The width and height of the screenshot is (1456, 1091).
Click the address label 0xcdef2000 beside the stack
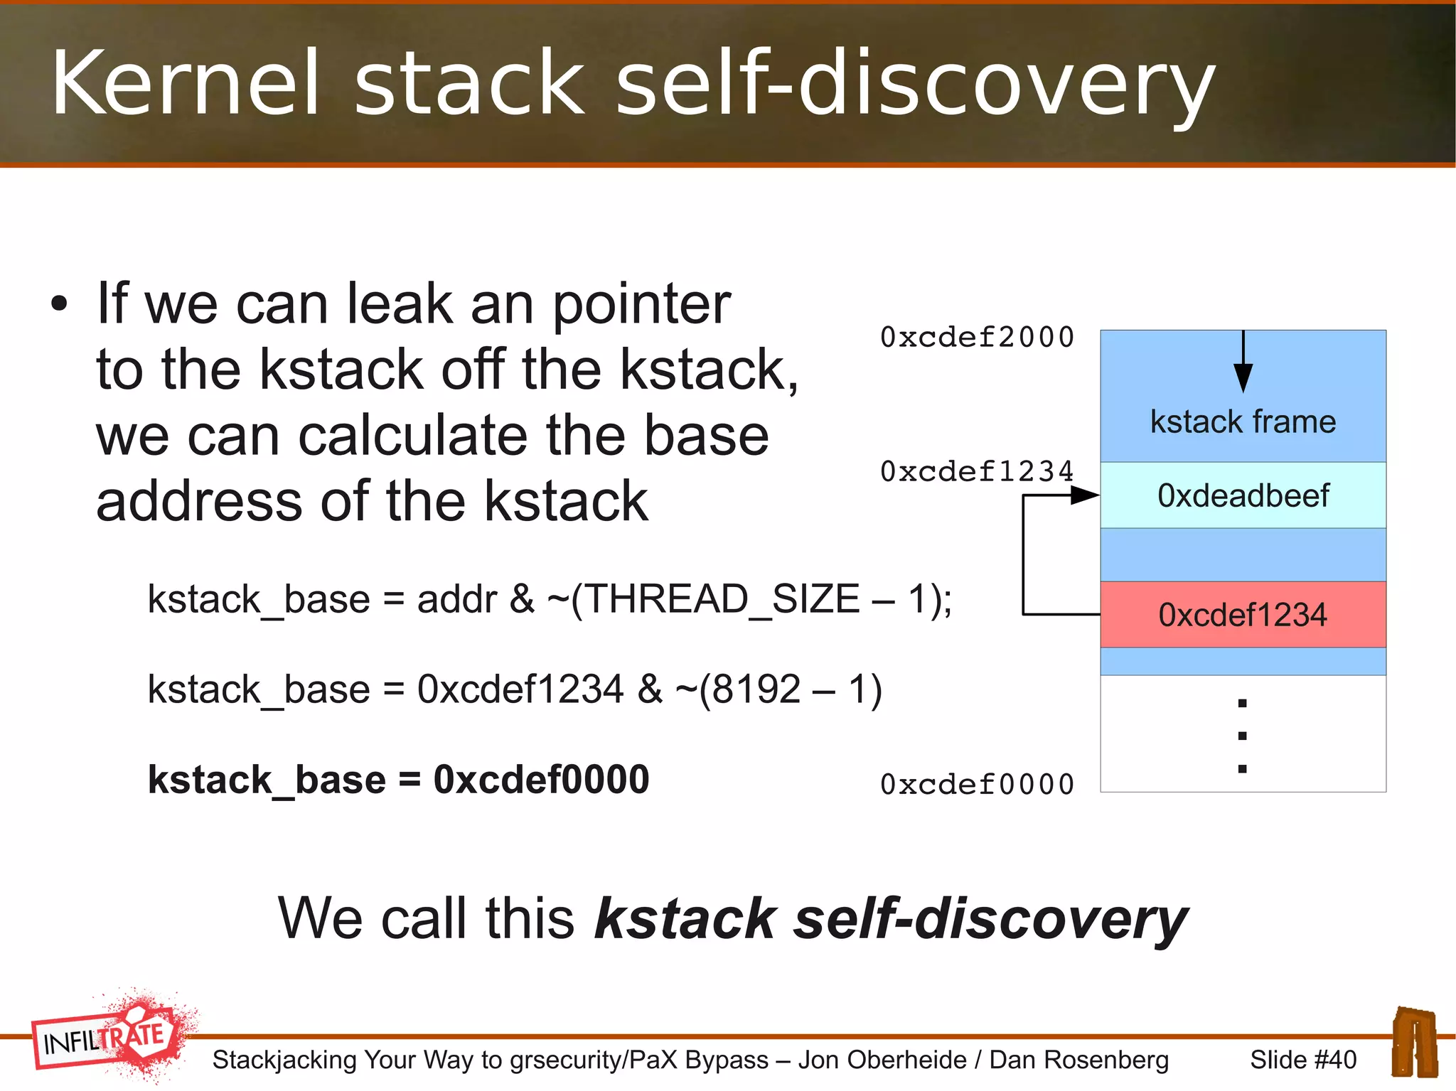click(x=977, y=338)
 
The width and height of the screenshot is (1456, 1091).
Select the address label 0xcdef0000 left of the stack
click(x=977, y=785)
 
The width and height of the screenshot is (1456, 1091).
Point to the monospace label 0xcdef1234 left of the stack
click(x=977, y=472)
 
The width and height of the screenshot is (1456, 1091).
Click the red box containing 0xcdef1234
click(x=1243, y=615)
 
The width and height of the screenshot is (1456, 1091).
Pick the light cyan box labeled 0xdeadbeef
click(x=1243, y=495)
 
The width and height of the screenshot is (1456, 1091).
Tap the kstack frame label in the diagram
click(x=1243, y=421)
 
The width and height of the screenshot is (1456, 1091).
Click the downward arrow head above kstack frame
click(x=1243, y=377)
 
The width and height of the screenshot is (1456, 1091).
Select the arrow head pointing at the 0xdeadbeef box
click(x=1086, y=495)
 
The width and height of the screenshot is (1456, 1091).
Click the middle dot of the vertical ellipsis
click(x=1242, y=736)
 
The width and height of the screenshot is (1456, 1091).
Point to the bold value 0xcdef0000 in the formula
click(x=541, y=780)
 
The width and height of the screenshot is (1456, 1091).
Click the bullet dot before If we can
click(x=59, y=304)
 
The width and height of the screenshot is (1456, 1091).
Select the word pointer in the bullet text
click(x=641, y=304)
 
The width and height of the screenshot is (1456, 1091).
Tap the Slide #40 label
click(x=1303, y=1060)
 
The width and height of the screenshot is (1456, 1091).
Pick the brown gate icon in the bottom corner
click(x=1414, y=1041)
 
